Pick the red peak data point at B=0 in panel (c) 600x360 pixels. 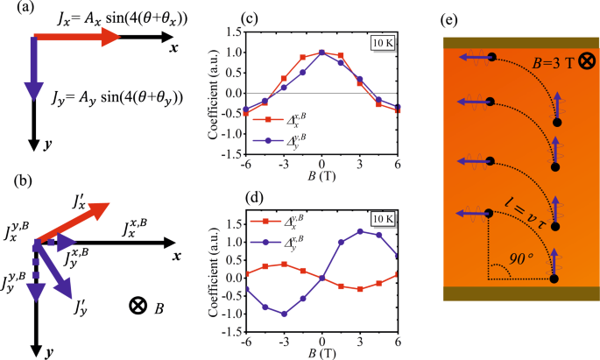pyautogui.click(x=322, y=53)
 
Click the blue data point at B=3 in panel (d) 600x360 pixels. pyautogui.click(x=358, y=231)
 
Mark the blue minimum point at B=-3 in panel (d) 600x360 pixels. pyautogui.click(x=285, y=314)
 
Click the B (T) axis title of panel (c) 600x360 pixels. pyautogui.click(x=321, y=176)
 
